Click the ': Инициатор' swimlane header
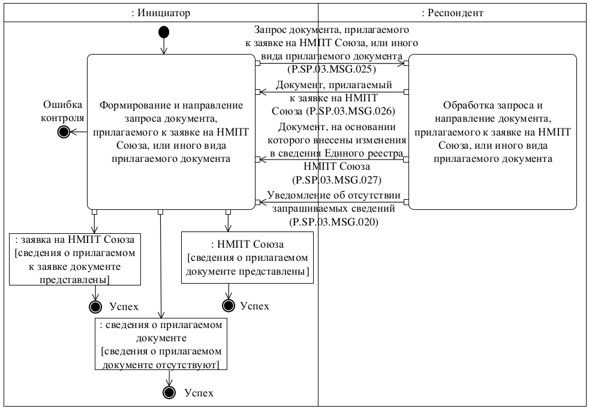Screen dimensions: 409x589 [160, 13]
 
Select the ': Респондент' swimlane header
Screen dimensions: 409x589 [453, 13]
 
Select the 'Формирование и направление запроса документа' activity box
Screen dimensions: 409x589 [171, 132]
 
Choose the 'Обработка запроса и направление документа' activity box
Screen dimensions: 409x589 [492, 132]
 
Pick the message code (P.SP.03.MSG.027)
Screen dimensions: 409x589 [336, 179]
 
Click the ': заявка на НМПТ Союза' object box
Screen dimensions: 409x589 [75, 258]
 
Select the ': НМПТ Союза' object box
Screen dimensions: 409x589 [247, 258]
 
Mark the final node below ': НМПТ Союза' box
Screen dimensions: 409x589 [228, 305]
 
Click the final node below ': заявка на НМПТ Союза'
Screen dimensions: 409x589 [94, 306]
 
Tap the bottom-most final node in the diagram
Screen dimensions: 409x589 [170, 393]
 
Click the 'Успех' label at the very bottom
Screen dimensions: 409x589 [199, 393]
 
